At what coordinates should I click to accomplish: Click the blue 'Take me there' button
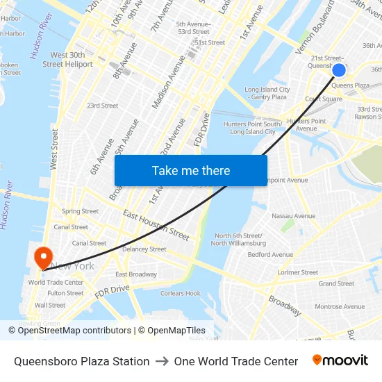191,171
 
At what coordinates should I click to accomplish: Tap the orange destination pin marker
43,257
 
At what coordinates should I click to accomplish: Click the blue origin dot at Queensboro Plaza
339,70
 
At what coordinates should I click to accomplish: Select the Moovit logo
340,360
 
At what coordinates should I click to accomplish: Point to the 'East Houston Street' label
156,225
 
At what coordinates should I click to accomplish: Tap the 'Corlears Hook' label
181,293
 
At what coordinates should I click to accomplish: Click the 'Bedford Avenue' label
270,255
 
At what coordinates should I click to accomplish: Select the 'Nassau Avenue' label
292,216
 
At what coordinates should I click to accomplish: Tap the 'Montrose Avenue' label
340,306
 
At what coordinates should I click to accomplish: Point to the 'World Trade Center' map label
56,283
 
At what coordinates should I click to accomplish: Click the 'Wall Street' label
50,305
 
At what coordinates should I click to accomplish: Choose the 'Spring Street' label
80,211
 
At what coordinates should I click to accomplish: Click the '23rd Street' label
102,106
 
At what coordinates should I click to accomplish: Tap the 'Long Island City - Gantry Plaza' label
267,93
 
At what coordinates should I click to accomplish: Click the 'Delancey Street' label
144,249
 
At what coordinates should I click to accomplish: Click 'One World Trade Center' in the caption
236,361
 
